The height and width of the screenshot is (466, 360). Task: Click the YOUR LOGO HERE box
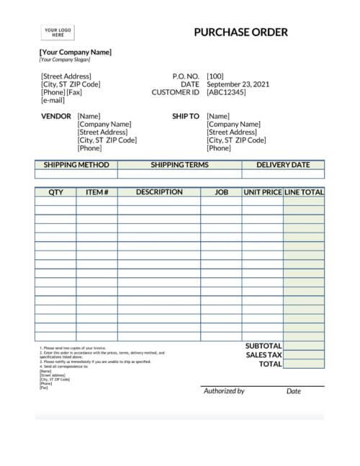pos(56,32)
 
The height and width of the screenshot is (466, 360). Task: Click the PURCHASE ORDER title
pos(240,32)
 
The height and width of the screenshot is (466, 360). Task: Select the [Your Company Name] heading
pos(76,52)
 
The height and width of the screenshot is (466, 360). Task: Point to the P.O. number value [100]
pos(215,76)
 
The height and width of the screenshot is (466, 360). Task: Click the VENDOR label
pos(56,116)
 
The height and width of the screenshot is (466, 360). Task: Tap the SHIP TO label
pos(185,116)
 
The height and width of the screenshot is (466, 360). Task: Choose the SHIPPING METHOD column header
pos(76,165)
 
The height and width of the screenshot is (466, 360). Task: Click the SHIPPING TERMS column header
pos(179,165)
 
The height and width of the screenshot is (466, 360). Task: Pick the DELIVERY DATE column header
pos(283,165)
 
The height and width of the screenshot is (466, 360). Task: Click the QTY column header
pos(55,192)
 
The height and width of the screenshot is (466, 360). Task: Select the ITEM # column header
pos(96,192)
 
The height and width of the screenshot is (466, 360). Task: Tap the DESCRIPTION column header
pos(159,192)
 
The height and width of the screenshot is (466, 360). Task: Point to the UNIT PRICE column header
pos(262,192)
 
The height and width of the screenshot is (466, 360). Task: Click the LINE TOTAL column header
pos(304,192)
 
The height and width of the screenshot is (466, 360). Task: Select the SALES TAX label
pos(263,355)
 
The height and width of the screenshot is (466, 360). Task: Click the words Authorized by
pos(224,391)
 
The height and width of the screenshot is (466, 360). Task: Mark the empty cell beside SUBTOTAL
pos(304,346)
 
